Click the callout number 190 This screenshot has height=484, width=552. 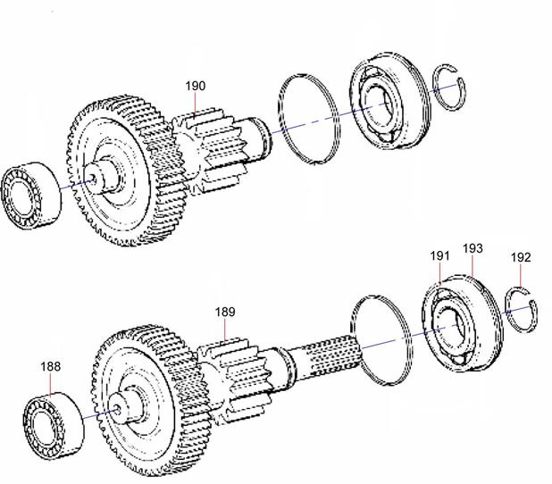click(196, 86)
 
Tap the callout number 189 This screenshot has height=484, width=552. click(225, 312)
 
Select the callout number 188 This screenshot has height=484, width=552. click(50, 366)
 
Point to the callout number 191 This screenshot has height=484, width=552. click(439, 256)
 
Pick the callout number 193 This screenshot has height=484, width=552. click(473, 248)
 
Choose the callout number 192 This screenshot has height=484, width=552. click(521, 257)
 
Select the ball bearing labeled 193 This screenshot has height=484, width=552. click(461, 323)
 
